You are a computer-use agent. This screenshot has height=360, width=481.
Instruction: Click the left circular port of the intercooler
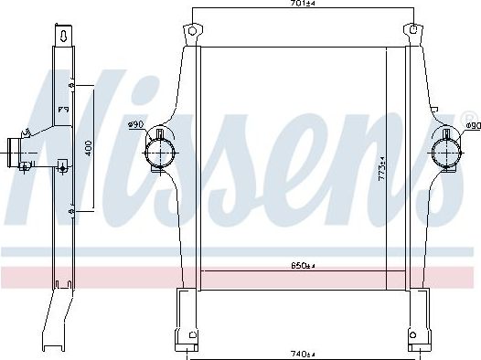coord(162,147)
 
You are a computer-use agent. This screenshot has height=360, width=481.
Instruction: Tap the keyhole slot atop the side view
coord(61,37)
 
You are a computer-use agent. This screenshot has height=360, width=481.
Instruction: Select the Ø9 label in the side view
coord(64,111)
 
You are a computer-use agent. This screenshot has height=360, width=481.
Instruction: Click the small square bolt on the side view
coord(62,165)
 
